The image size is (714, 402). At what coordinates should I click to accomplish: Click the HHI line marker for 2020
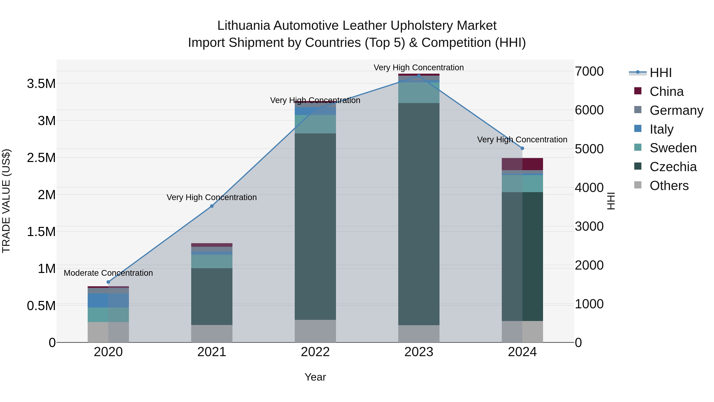click(108, 282)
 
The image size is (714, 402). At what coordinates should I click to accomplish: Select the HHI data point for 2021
click(212, 206)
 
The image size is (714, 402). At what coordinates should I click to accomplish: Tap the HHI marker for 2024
click(522, 148)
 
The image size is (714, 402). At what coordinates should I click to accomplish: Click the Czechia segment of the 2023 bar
click(419, 214)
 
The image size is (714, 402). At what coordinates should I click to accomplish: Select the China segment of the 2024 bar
click(522, 164)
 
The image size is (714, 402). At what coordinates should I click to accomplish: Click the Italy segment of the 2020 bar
click(108, 301)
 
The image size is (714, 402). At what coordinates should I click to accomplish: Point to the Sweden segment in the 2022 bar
click(315, 124)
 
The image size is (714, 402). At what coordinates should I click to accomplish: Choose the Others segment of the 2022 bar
click(315, 331)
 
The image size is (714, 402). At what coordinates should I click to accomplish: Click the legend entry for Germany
click(676, 110)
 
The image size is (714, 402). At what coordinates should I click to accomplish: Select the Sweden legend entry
click(673, 148)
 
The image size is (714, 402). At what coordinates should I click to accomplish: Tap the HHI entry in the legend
click(660, 73)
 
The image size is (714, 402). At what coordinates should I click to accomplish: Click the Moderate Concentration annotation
click(108, 273)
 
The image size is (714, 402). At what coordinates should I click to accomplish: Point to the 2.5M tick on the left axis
click(41, 158)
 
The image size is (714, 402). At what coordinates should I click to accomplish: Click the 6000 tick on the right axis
click(589, 110)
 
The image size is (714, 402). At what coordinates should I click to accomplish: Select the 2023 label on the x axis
click(419, 352)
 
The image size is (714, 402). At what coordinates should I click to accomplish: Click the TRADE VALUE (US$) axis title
click(6, 201)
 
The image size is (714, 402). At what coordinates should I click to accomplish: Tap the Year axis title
click(315, 377)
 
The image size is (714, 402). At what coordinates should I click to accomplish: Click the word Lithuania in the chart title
click(243, 26)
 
